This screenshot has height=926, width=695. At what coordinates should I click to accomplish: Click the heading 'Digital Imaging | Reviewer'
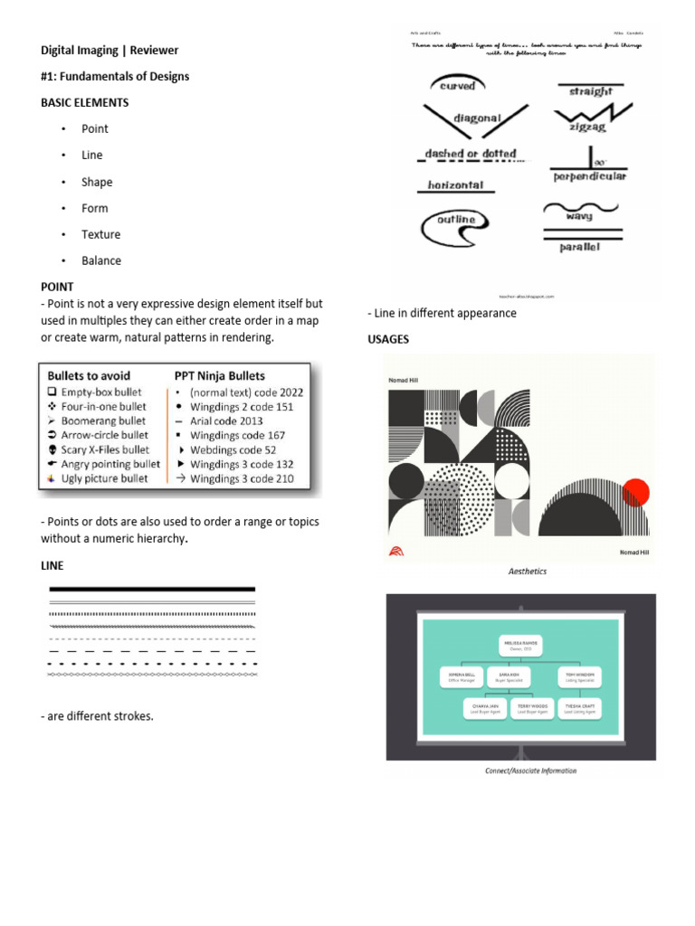(x=109, y=50)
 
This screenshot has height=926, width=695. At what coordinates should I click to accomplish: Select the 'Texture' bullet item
(x=100, y=234)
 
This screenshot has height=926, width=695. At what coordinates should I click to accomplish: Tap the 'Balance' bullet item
(x=100, y=260)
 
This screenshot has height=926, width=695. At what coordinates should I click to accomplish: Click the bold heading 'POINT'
(x=57, y=287)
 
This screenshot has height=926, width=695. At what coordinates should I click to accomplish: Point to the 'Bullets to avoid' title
(x=88, y=375)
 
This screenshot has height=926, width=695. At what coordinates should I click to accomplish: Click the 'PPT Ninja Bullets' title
(x=219, y=375)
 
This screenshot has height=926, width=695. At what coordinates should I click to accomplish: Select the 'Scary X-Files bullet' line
(x=104, y=449)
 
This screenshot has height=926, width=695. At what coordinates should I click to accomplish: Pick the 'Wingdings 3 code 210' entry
(x=241, y=478)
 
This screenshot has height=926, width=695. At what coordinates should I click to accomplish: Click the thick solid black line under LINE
(x=152, y=589)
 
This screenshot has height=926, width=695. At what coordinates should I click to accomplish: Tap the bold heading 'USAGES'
(x=388, y=339)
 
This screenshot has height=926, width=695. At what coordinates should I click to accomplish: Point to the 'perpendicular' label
(x=590, y=176)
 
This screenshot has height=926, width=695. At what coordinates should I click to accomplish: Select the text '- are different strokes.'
(x=97, y=716)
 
